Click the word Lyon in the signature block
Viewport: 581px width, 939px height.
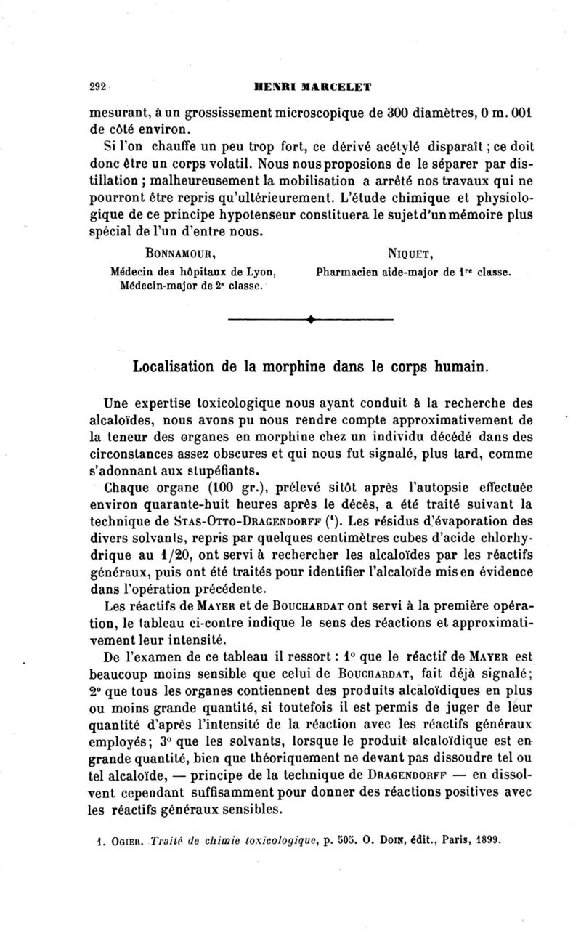(260, 273)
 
